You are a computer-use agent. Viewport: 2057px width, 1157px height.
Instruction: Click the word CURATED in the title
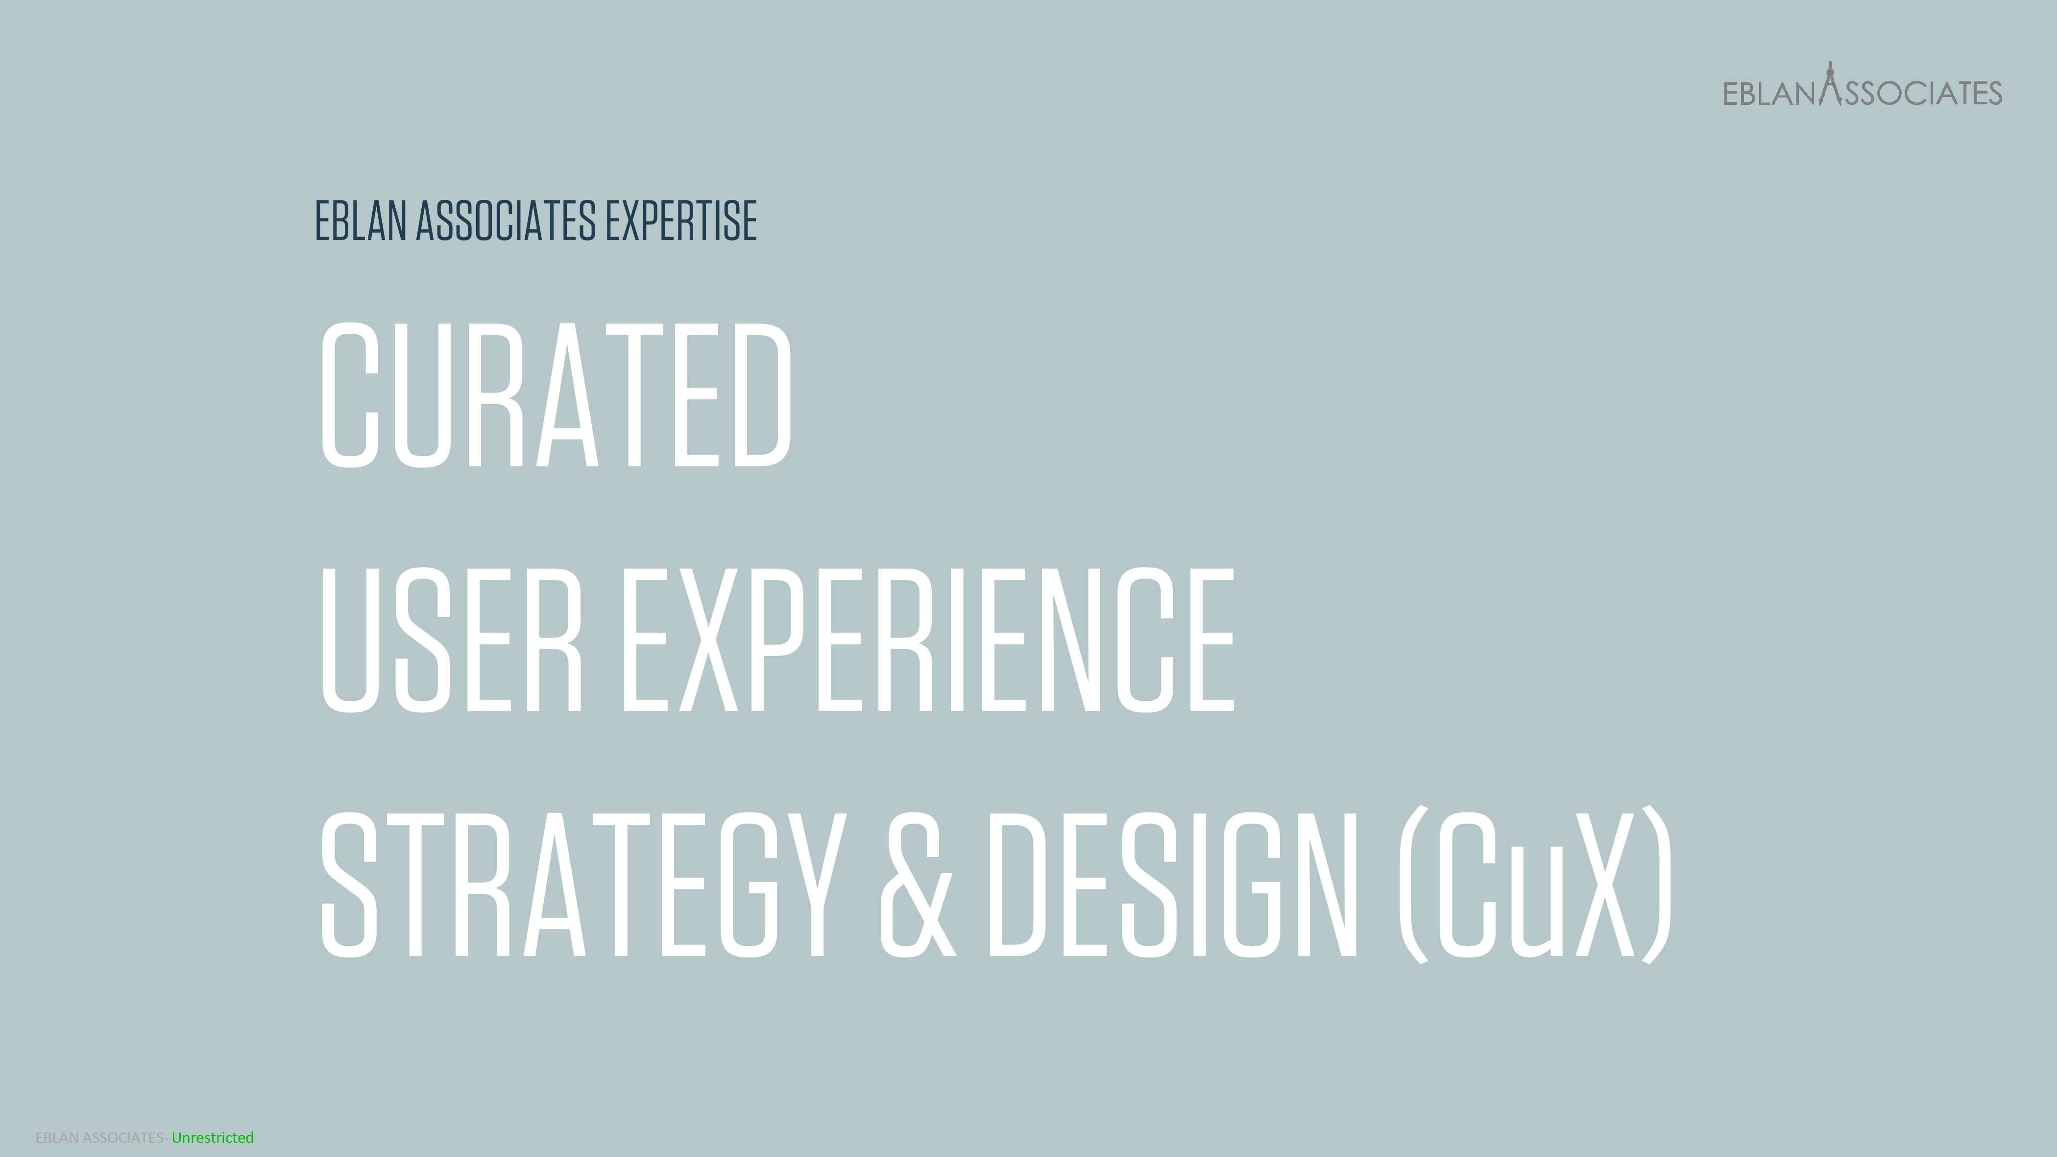(x=556, y=395)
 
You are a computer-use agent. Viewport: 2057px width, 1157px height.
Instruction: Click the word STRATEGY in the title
(x=583, y=884)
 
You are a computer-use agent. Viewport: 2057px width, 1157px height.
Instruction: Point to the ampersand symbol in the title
(x=917, y=884)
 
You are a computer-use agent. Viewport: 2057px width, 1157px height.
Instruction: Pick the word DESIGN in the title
(x=1172, y=884)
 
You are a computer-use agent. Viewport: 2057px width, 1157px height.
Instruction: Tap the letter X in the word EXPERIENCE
(x=707, y=640)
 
